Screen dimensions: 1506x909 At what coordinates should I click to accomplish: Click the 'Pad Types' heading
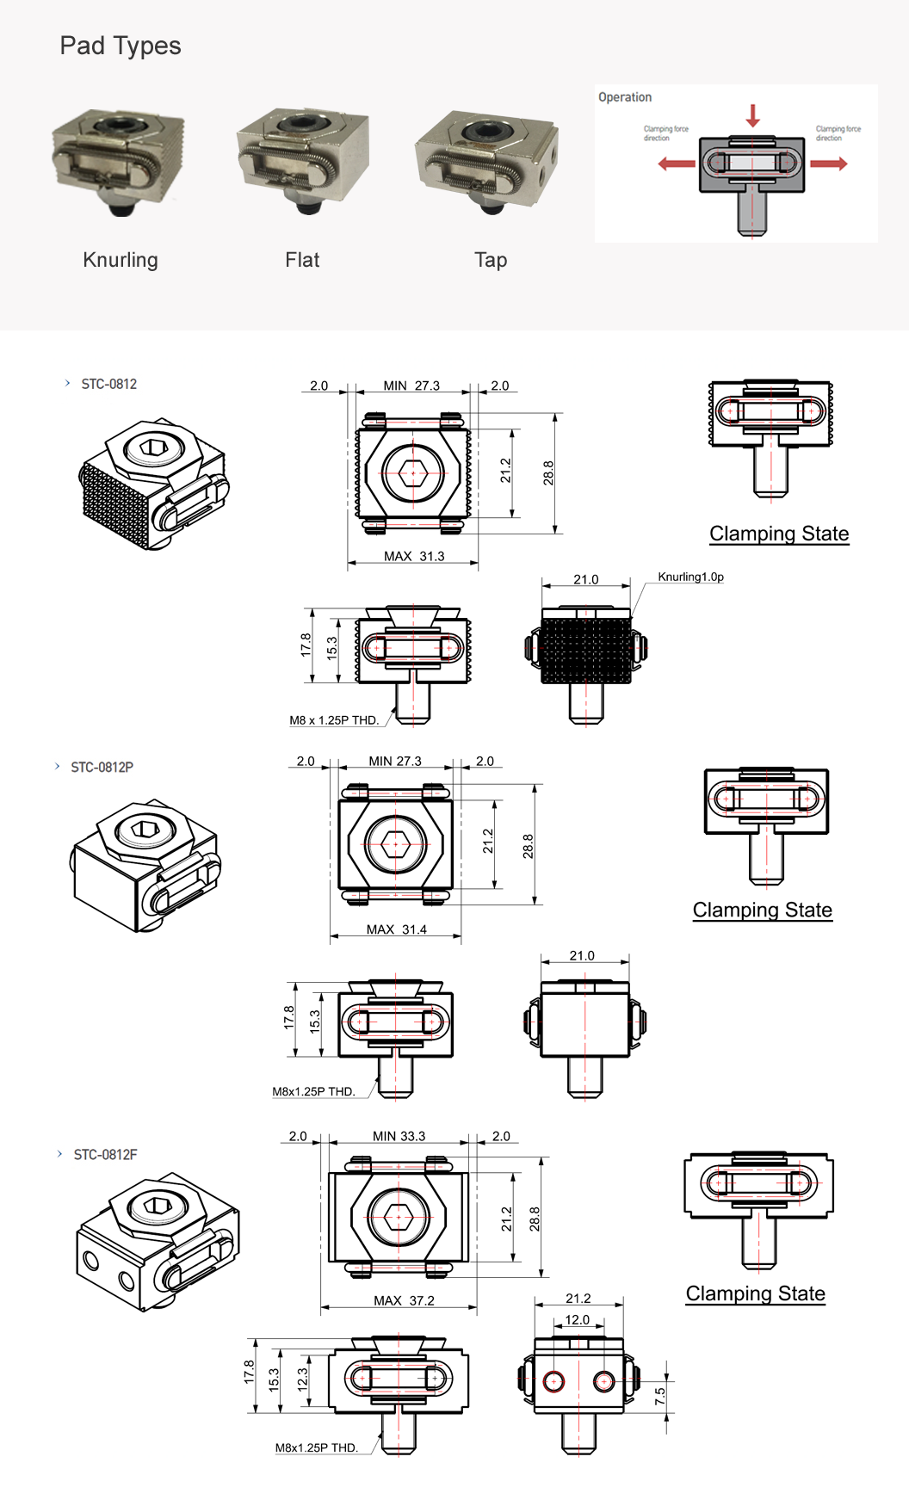[121, 46]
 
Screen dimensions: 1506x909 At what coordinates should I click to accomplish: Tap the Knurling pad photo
[119, 161]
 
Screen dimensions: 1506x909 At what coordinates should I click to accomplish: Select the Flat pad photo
[302, 160]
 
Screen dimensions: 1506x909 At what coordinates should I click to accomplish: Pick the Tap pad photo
[487, 162]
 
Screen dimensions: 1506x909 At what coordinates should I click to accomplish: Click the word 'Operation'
[625, 97]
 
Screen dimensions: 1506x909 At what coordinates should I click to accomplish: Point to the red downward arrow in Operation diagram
[752, 115]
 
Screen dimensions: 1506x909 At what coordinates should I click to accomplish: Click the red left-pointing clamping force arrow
[677, 164]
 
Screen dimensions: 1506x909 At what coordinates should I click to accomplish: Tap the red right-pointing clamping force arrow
[829, 164]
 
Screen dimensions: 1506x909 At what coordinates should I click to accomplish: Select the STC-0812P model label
[102, 767]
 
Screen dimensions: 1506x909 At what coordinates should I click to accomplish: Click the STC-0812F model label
[105, 1154]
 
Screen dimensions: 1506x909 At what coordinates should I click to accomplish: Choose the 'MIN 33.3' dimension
[399, 1136]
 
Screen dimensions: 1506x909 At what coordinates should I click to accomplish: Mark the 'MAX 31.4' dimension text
[396, 929]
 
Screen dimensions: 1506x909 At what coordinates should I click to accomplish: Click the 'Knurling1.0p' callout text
[690, 577]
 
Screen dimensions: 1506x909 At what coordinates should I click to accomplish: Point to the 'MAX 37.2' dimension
[404, 1300]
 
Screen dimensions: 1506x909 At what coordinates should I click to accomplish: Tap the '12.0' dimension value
[577, 1319]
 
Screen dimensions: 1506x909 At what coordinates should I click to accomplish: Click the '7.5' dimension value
[660, 1396]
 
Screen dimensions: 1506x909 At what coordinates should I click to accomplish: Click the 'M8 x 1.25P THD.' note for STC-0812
[334, 720]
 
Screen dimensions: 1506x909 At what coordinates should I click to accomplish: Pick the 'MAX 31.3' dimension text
[414, 556]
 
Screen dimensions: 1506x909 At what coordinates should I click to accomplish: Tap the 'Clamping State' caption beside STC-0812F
[755, 1293]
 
